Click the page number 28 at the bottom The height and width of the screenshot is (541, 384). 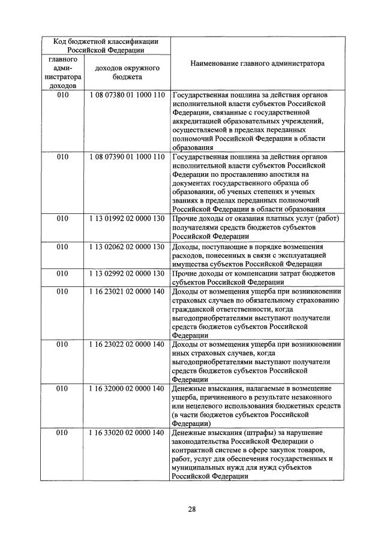pyautogui.click(x=192, y=509)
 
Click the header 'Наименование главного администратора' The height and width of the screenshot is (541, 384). pyautogui.click(x=258, y=62)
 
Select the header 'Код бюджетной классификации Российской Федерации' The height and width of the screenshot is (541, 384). pyautogui.click(x=106, y=46)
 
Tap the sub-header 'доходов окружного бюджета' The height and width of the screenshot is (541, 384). pyautogui.click(x=127, y=73)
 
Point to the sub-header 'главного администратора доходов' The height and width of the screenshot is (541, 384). pyautogui.click(x=63, y=73)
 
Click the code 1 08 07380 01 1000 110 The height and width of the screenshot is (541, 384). pyautogui.click(x=127, y=95)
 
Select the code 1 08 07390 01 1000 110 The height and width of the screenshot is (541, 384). pyautogui.click(x=127, y=157)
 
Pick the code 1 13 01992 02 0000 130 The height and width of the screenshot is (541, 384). pyautogui.click(x=127, y=219)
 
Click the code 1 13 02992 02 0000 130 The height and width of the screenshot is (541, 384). pyautogui.click(x=127, y=274)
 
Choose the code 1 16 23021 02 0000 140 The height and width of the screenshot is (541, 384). pyautogui.click(x=127, y=292)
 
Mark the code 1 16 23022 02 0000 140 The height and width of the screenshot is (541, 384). pyautogui.click(x=127, y=345)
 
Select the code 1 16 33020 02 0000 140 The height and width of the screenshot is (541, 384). pyautogui.click(x=127, y=433)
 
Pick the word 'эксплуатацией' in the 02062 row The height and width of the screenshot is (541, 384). pyautogui.click(x=285, y=255)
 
